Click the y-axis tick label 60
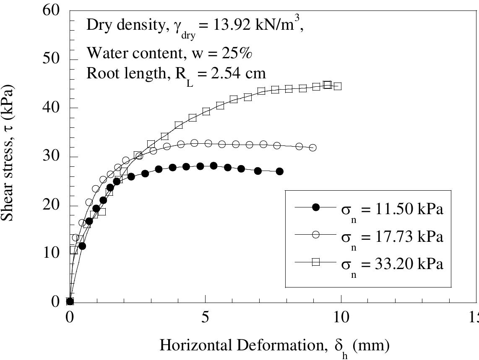53,10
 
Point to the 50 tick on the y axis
53,59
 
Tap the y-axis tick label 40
53,108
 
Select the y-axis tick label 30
53,156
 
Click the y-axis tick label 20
53,205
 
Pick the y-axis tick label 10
53,254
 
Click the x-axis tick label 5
205,317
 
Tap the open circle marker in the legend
316,235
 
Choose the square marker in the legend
316,262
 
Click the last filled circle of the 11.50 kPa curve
280,171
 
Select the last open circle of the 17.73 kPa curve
312,148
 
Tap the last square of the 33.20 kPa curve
338,86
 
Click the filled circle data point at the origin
70,301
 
